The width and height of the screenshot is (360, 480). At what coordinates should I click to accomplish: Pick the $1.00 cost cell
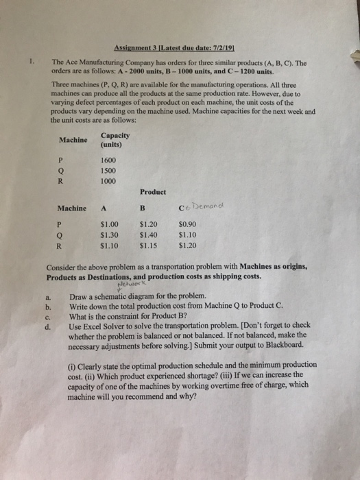click(x=109, y=224)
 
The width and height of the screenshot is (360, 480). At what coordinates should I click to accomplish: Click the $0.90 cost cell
click(x=187, y=224)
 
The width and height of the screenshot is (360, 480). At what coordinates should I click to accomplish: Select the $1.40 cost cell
click(x=149, y=234)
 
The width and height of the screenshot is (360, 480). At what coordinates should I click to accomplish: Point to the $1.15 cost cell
click(x=149, y=245)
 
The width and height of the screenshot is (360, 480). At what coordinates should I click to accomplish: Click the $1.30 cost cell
click(x=109, y=234)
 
